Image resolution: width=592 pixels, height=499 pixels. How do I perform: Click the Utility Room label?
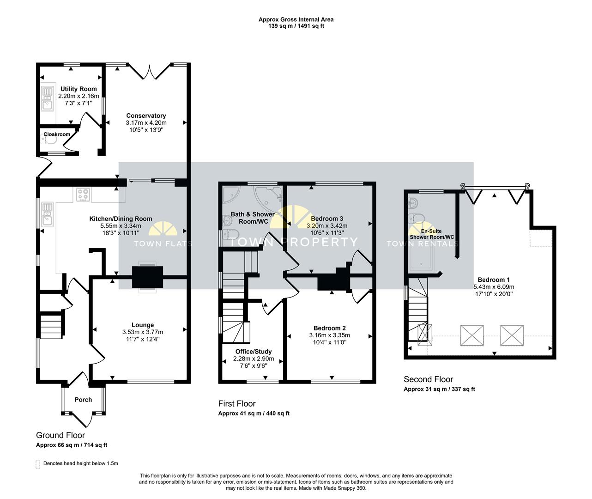coord(79,89)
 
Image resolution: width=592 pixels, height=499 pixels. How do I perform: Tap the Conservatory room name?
coord(146,116)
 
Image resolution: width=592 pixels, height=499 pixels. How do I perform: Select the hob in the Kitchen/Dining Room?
coord(83,195)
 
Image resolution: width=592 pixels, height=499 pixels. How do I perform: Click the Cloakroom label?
coord(57,134)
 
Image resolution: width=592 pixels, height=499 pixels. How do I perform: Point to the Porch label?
coord(83,400)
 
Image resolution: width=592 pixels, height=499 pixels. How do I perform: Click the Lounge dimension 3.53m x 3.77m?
coord(143,332)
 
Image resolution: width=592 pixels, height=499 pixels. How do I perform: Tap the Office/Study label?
coord(254,352)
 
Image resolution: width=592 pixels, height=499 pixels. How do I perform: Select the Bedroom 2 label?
coord(329,328)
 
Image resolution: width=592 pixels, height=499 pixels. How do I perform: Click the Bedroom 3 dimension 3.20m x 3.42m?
coord(327,226)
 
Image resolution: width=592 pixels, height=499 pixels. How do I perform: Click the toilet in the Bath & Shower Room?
coord(231,234)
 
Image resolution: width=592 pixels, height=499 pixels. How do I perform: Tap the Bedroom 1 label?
coord(494,280)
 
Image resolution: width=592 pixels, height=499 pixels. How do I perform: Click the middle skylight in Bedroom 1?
coord(472,335)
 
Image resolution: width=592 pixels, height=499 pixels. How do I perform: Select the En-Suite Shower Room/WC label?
coord(432,234)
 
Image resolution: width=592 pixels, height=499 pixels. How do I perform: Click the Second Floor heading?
coord(428,379)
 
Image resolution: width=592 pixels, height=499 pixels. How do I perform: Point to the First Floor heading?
coord(237,404)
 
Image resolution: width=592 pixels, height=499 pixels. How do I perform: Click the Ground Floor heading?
coord(60,435)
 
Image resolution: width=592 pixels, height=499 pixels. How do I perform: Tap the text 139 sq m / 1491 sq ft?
coord(296,26)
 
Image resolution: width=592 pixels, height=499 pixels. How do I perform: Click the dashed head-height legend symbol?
coord(38,465)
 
